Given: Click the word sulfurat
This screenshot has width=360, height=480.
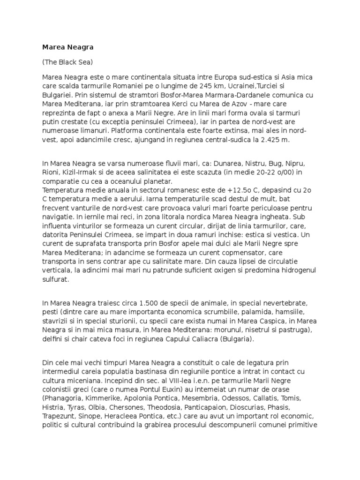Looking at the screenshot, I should coord(55,279).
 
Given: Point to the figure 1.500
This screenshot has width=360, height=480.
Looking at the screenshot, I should coord(136,303).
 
